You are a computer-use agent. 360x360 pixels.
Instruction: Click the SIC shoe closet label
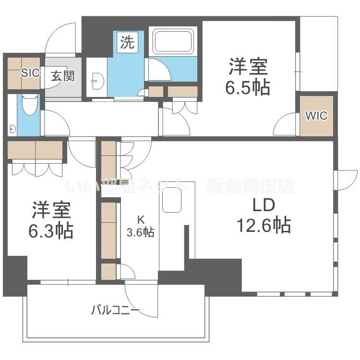pyautogui.click(x=30, y=73)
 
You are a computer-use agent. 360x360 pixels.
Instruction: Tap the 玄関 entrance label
pyautogui.click(x=63, y=76)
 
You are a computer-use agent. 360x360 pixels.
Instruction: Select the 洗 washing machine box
pyautogui.click(x=127, y=42)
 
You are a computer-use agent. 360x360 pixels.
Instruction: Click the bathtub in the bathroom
pyautogui.click(x=173, y=41)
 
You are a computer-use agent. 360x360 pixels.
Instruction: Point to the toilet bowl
pyautogui.click(x=29, y=105)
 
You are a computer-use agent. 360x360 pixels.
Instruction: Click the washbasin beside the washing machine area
pyautogui.click(x=97, y=81)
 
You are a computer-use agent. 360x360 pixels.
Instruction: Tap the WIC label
pyautogui.click(x=316, y=116)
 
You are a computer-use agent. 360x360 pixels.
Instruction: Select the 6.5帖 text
pyautogui.click(x=248, y=88)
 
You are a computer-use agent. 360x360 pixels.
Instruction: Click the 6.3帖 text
pyautogui.click(x=51, y=230)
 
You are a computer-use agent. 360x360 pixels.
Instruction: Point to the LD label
pyautogui.click(x=264, y=205)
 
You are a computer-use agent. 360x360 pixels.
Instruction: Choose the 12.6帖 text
pyautogui.click(x=264, y=225)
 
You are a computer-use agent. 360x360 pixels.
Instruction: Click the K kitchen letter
pyautogui.click(x=141, y=220)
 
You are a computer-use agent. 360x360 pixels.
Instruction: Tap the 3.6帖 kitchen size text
pyautogui.click(x=141, y=232)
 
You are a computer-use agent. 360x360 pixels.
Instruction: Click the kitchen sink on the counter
pyautogui.click(x=172, y=200)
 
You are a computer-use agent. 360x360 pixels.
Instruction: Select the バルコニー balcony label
pyautogui.click(x=115, y=311)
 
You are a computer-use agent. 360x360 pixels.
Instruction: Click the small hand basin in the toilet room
pyautogui.click(x=12, y=129)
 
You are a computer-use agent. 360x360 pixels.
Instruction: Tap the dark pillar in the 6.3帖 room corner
pyautogui.click(x=15, y=276)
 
